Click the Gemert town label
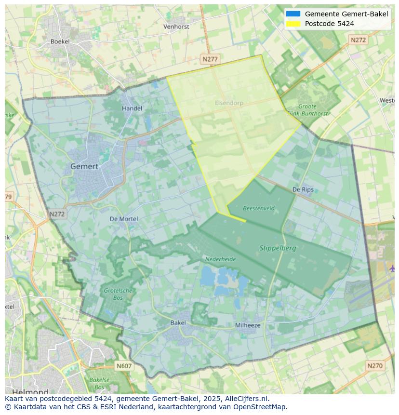pos(84,166)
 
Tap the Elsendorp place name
pos(229,103)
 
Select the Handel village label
pos(132,108)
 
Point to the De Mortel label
pos(124,219)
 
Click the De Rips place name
pos(303,189)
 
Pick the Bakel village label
pos(178,323)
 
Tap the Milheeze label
pos(248,325)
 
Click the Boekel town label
pos(60,41)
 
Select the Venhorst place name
pos(176,27)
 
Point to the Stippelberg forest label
pos(278,248)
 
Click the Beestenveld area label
pos(259,209)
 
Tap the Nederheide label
pos(221,259)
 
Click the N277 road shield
pos(210,59)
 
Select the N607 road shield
pos(124,366)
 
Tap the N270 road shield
pos(374,366)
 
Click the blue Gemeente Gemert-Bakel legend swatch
pos(293,14)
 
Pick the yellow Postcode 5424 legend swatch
pos(293,24)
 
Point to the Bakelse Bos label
pos(100,383)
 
